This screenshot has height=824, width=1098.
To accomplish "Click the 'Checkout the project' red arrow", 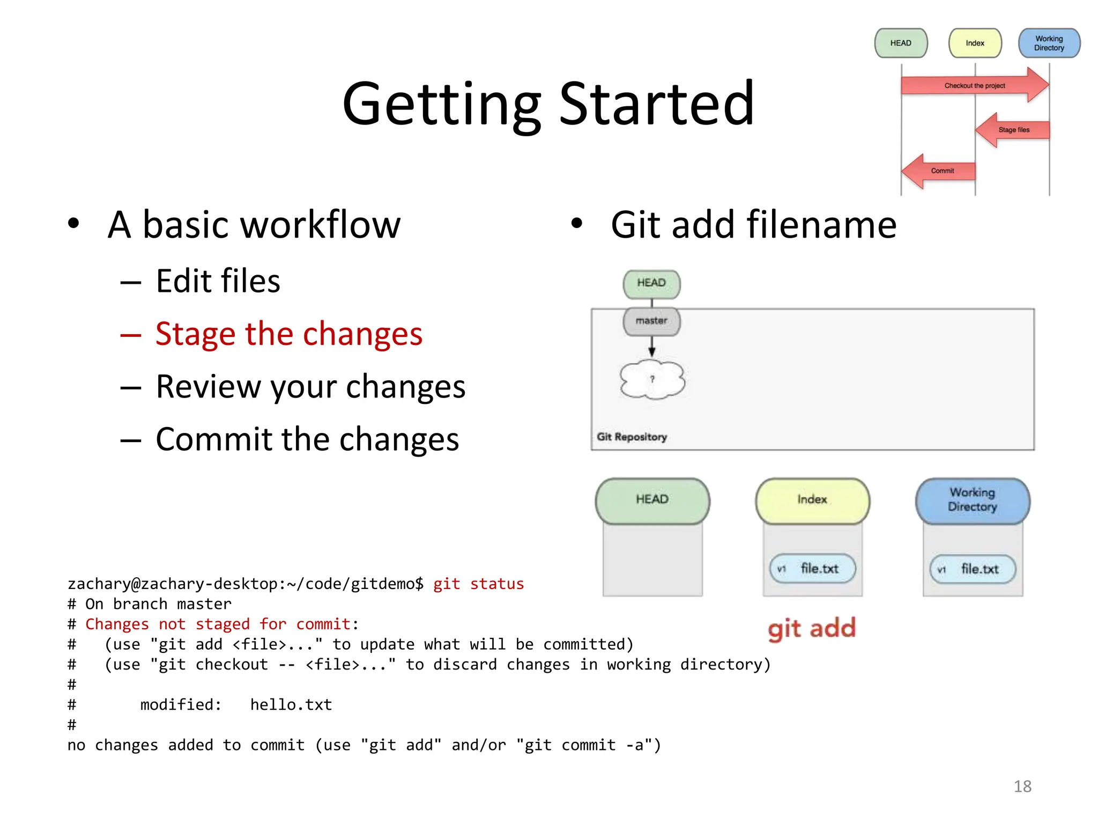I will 974,85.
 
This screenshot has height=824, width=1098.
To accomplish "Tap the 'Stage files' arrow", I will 1013,130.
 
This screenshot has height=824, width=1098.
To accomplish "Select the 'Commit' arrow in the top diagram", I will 941,171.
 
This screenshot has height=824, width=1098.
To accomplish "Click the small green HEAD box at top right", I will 901,43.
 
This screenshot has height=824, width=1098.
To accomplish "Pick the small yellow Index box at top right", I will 975,43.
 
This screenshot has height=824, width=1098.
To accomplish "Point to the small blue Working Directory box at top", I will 1049,43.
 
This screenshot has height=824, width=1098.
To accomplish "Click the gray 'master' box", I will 651,321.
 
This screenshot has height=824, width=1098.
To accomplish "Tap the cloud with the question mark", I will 652,379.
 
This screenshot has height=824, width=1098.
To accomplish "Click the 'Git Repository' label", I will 632,437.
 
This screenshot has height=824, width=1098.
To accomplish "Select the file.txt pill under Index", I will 812,569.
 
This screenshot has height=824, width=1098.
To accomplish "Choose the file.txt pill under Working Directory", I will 973,569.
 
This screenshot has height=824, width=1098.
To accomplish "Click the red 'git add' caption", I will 811,628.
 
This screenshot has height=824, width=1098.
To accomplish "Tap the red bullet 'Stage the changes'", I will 288,334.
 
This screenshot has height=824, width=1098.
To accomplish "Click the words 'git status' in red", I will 478,584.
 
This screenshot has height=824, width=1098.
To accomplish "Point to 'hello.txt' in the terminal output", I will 291,704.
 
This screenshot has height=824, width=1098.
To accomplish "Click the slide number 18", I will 1022,786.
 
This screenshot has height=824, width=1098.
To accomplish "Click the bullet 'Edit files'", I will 218,281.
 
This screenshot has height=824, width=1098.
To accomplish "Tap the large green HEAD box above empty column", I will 652,499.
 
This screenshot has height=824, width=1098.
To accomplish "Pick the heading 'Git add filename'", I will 753,224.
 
